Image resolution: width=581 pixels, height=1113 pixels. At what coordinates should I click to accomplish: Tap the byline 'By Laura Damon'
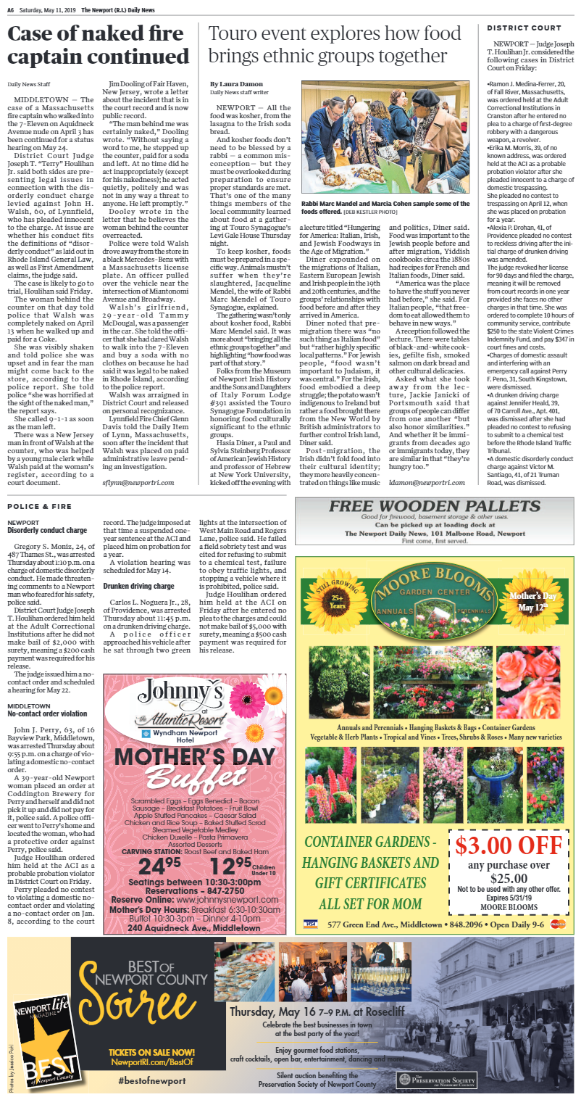(238, 84)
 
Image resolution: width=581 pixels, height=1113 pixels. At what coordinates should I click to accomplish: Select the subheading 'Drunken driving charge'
(138, 585)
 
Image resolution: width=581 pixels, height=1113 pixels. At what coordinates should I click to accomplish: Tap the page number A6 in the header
(12, 9)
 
